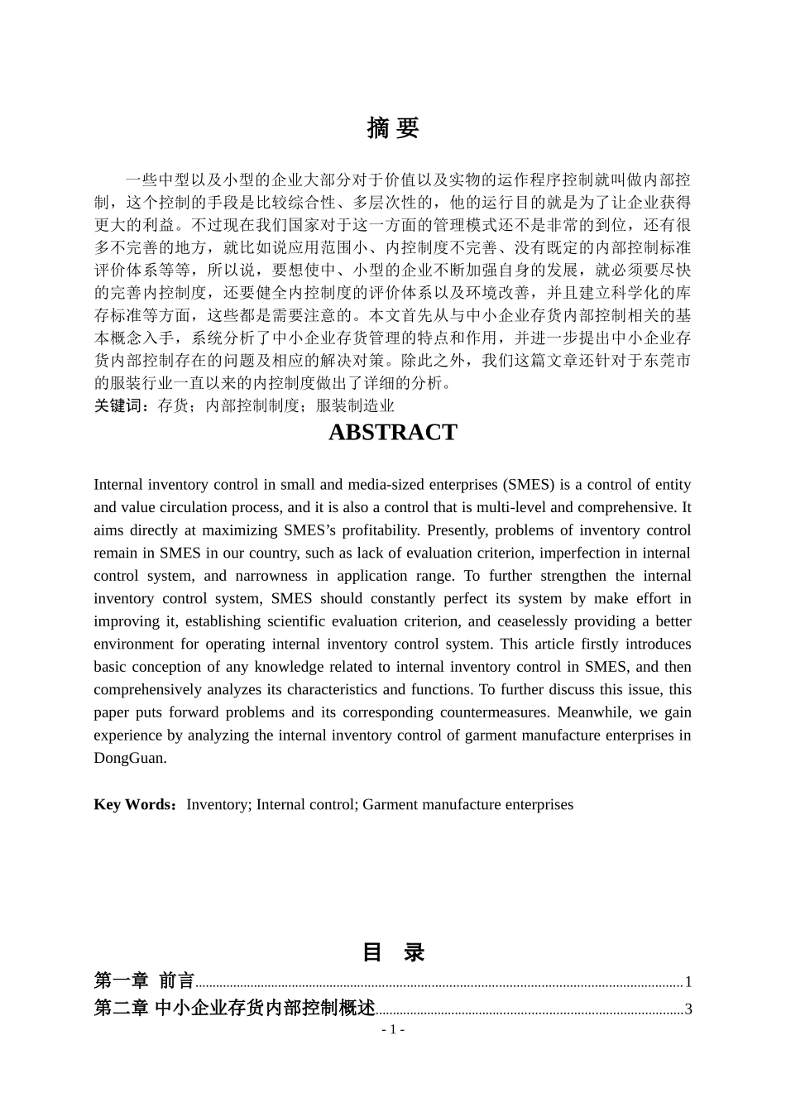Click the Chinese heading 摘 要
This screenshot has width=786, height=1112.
(392, 128)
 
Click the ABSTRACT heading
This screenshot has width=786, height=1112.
(392, 432)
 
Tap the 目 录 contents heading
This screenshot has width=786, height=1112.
(392, 952)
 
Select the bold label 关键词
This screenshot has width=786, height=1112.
(121, 405)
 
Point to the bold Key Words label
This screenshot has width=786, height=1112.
(135, 804)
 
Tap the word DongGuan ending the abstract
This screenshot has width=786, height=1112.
(130, 758)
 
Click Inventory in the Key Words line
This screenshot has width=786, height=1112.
(218, 804)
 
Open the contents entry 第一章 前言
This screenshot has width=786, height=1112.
(144, 981)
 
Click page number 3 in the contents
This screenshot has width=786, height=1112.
(688, 1009)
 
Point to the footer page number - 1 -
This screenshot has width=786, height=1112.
(392, 1029)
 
